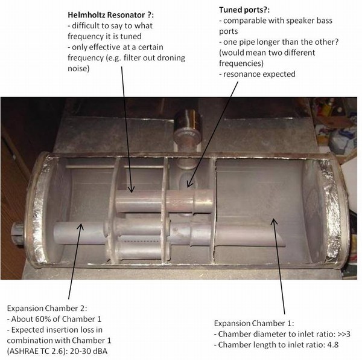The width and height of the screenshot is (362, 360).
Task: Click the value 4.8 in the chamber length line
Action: pos(326,344)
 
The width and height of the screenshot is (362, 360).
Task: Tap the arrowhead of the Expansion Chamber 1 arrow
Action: pos(274,220)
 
